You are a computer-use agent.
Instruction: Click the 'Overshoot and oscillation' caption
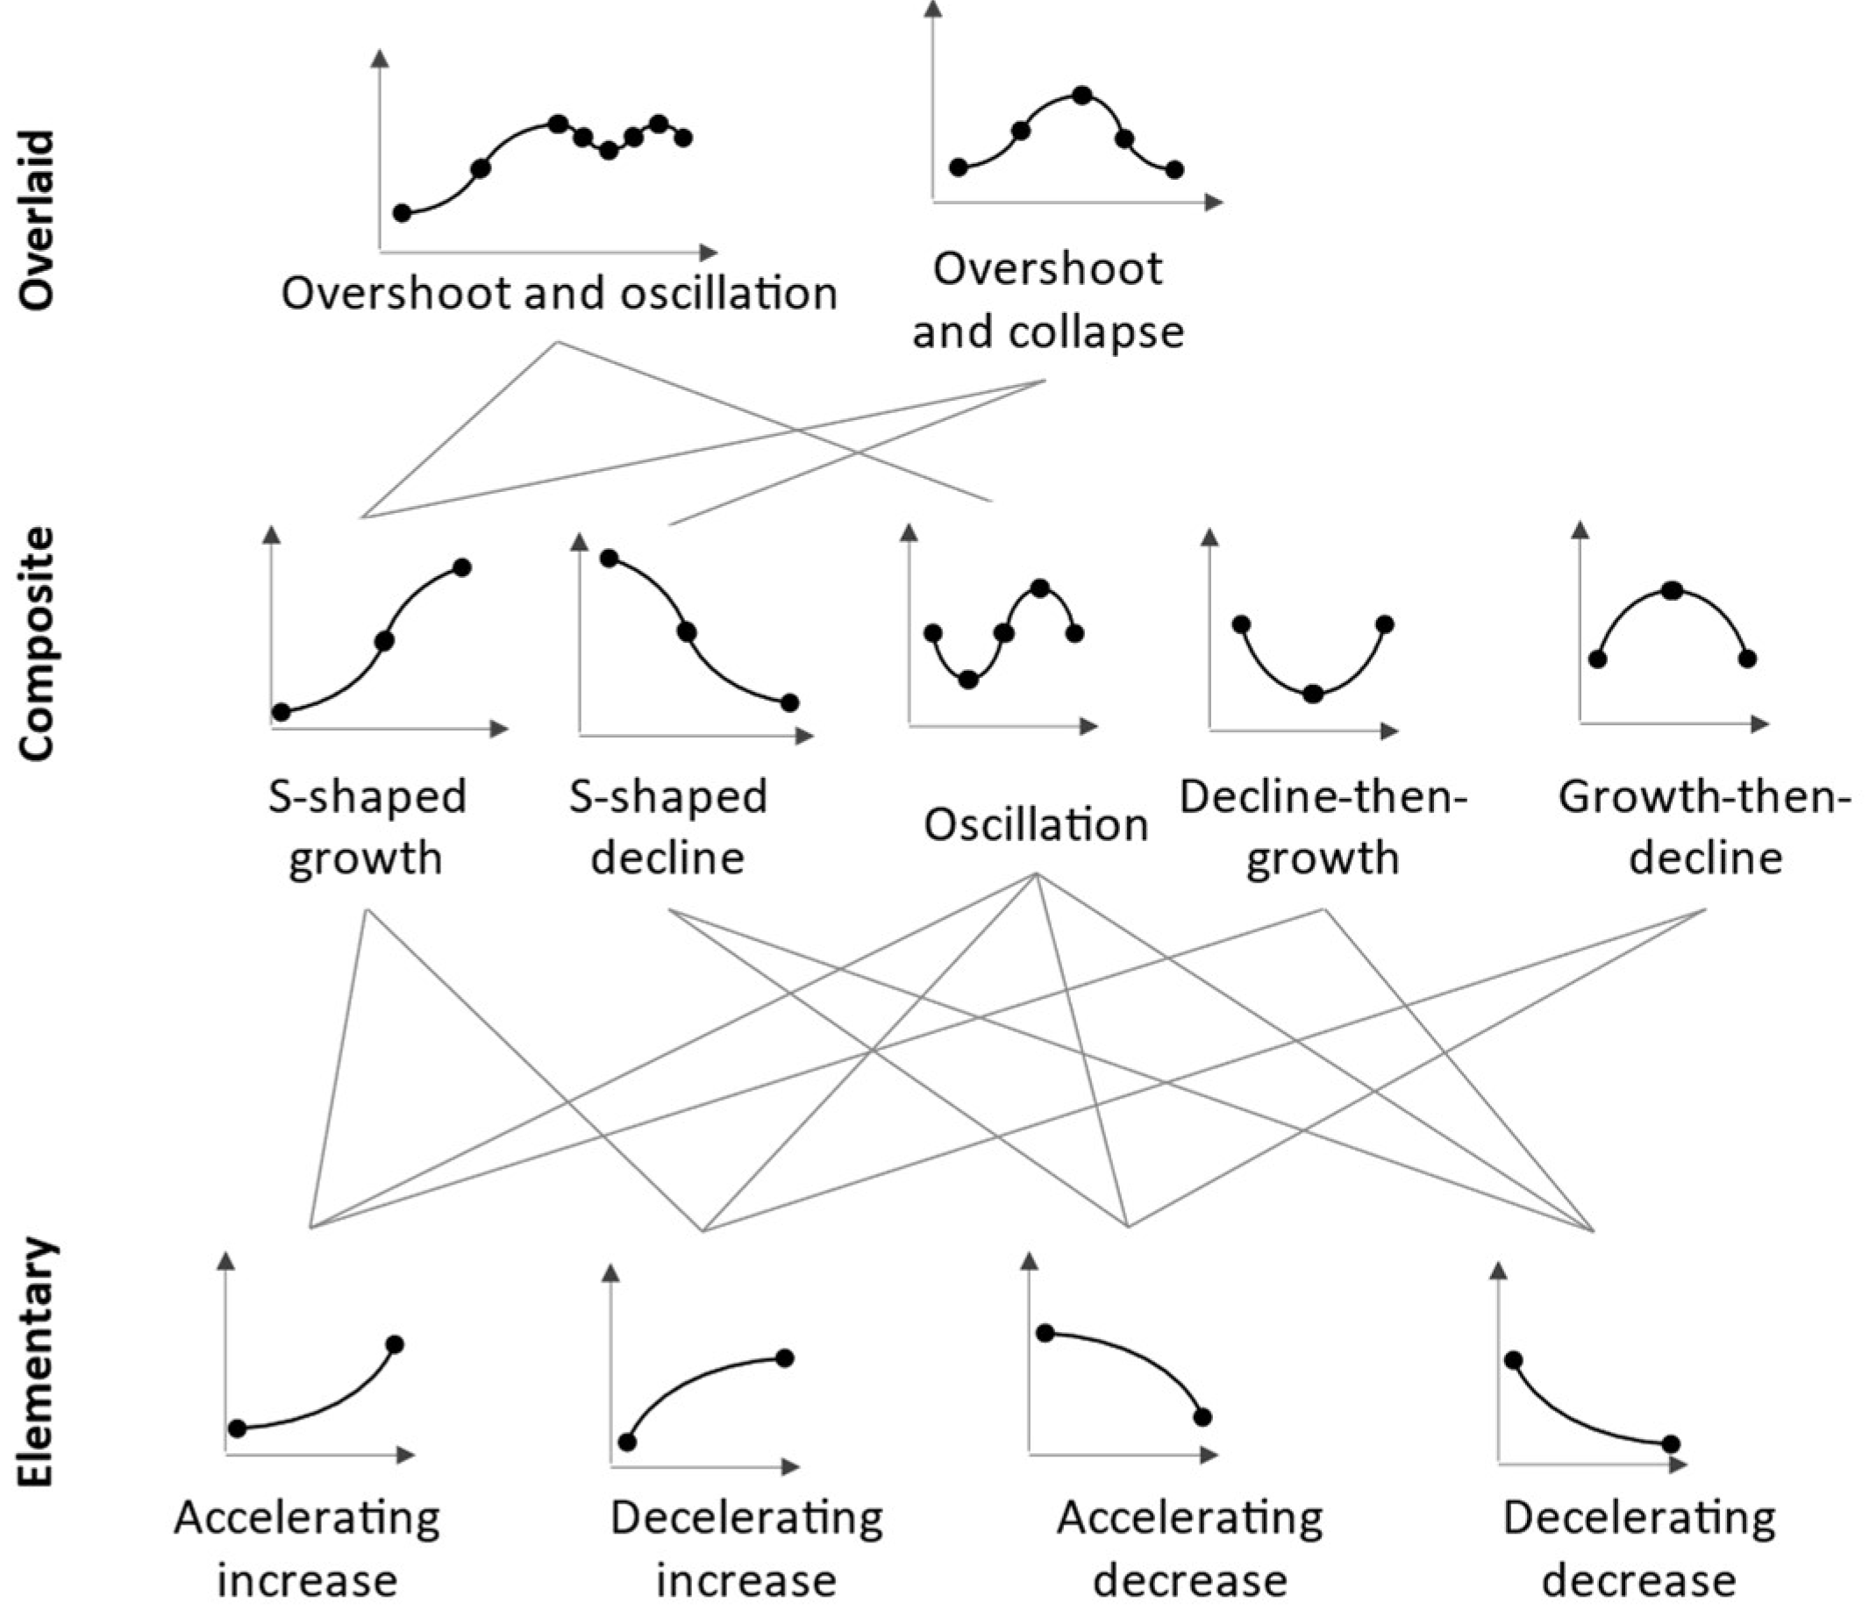(559, 294)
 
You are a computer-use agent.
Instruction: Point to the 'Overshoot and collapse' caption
(1047, 300)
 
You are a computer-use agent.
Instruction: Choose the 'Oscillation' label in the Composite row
(1036, 825)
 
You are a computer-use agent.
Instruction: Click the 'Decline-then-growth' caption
(1323, 827)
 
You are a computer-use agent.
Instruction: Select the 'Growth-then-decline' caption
(1705, 827)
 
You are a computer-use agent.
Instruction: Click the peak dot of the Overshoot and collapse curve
(1081, 94)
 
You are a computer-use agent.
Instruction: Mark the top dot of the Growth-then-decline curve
(1673, 590)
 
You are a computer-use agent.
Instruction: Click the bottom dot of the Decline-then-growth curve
(1314, 695)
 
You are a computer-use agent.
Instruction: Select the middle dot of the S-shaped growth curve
(384, 641)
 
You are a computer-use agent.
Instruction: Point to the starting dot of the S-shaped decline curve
(610, 558)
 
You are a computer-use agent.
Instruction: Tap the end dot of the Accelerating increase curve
(395, 1344)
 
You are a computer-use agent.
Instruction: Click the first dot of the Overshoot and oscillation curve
(402, 213)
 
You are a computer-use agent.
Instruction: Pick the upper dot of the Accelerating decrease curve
(1045, 1333)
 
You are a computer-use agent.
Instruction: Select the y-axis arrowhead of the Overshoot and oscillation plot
(381, 58)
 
